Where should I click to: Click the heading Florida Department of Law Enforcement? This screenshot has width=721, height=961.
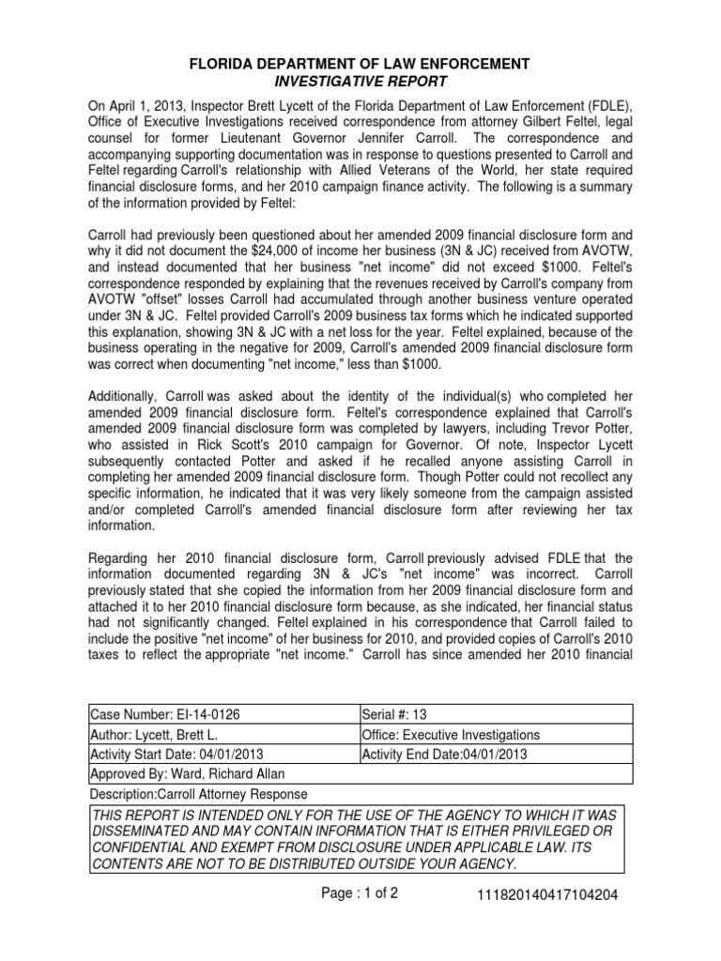[360, 63]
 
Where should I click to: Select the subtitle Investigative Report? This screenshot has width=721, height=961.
[360, 81]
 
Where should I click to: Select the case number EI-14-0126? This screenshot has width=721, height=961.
[198, 715]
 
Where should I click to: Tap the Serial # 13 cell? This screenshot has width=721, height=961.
[392, 715]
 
